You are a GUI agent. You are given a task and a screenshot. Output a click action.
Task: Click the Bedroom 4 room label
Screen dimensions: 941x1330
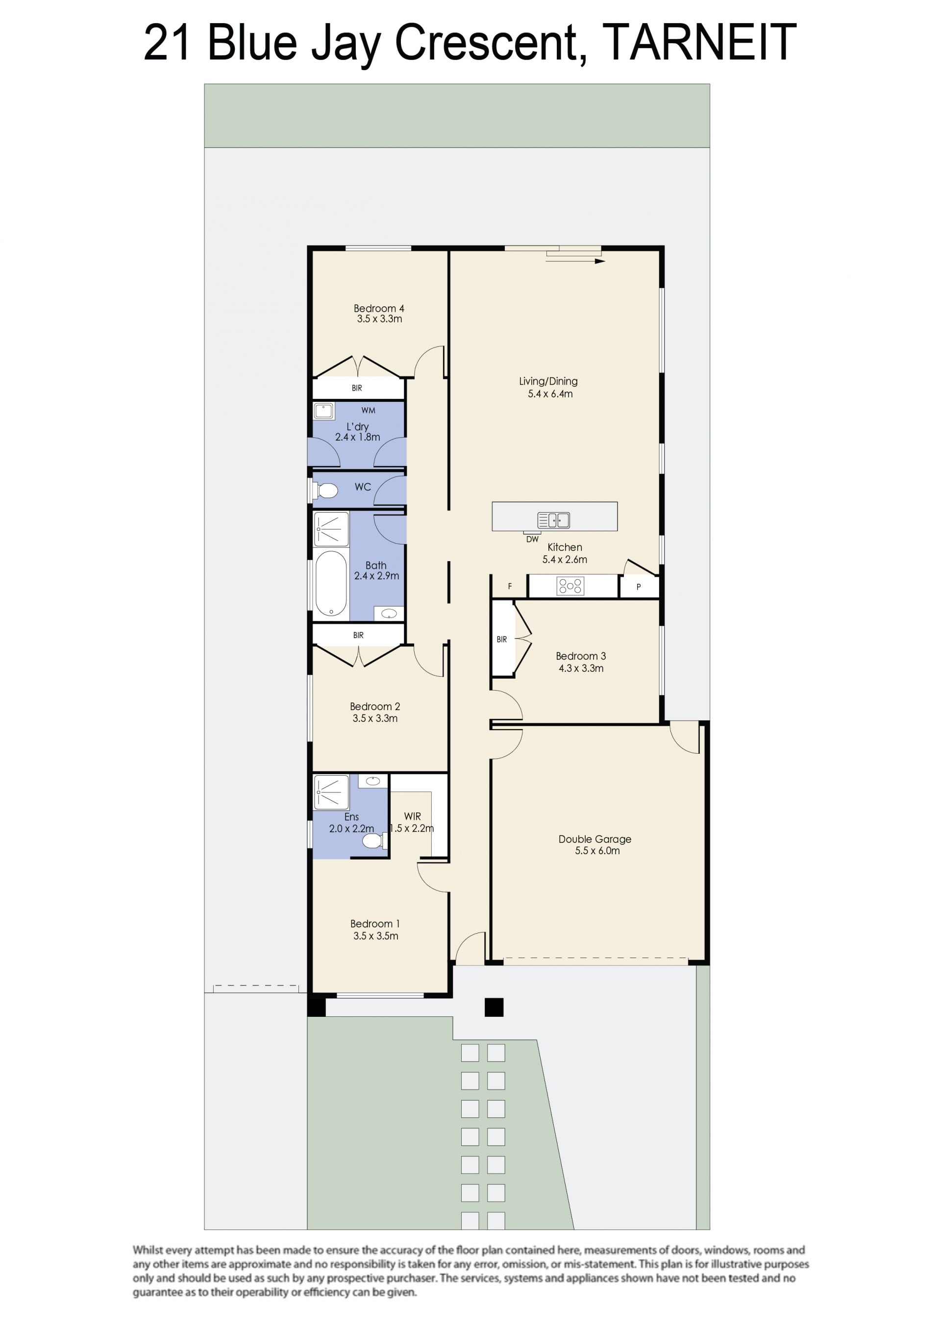[379, 308]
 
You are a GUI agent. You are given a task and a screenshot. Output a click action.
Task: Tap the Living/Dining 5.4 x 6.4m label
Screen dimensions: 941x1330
[549, 387]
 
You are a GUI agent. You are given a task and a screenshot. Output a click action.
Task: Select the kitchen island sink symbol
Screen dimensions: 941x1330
[553, 520]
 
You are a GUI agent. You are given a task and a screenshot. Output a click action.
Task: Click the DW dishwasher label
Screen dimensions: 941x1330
[532, 539]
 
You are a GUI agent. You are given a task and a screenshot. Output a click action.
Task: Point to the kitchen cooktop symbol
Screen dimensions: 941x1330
[570, 586]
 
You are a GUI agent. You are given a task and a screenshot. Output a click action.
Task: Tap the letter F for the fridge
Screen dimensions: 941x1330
[510, 586]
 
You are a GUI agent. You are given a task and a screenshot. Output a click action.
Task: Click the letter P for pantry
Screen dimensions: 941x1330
[639, 587]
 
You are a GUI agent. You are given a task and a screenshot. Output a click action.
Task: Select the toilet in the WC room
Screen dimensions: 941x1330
[324, 491]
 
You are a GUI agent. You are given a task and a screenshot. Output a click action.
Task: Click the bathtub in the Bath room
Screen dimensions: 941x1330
[331, 583]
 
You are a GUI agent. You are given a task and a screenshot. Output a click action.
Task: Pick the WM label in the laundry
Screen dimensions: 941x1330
[368, 410]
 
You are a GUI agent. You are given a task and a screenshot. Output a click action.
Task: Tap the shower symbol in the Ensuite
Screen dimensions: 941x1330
[331, 792]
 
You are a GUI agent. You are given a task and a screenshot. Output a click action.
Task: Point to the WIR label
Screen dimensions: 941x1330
[413, 816]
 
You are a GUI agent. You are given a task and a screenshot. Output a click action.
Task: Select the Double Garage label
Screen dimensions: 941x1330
[594, 839]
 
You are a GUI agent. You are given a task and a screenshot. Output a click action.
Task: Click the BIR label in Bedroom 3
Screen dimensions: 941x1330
[502, 640]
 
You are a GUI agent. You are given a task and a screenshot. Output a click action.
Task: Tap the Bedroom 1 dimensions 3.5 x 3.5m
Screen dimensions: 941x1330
[375, 936]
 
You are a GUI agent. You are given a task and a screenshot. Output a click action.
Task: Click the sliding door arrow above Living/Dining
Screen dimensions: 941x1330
[575, 261]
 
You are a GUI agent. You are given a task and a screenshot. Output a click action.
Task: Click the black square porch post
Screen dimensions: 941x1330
[494, 1008]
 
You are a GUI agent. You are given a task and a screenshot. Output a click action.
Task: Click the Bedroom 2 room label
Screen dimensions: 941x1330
[375, 706]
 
